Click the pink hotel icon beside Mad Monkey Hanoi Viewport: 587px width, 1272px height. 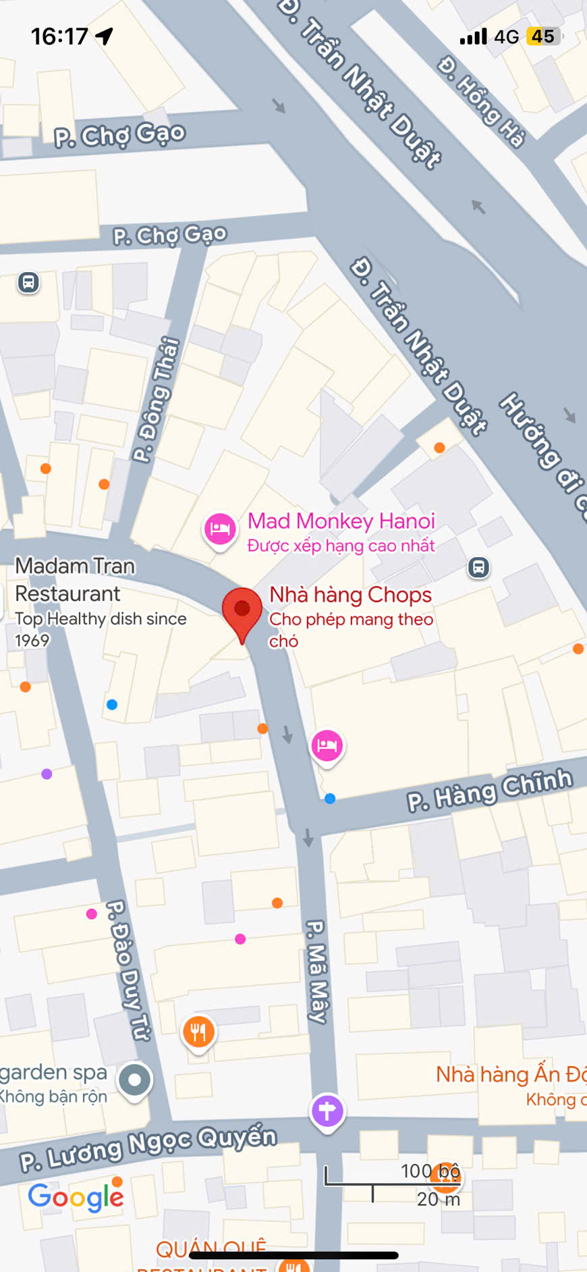220,529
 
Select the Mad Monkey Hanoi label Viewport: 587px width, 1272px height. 341,521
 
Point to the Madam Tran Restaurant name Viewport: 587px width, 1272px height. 74,579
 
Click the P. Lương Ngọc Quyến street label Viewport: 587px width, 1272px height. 148,1148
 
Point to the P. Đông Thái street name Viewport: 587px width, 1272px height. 156,399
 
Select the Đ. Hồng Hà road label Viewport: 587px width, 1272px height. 481,102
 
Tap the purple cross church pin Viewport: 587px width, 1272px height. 327,1111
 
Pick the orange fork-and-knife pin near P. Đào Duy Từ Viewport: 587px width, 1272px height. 198,1032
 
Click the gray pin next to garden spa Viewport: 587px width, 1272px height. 135,1080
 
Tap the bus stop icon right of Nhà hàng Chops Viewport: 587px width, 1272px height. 478,567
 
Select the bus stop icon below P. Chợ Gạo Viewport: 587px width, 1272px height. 28,282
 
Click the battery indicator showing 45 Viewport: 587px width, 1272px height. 543,36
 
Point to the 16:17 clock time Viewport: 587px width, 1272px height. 59,36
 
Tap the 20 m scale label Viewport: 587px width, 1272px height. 438,1199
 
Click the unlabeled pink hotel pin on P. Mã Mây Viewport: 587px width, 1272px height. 327,745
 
